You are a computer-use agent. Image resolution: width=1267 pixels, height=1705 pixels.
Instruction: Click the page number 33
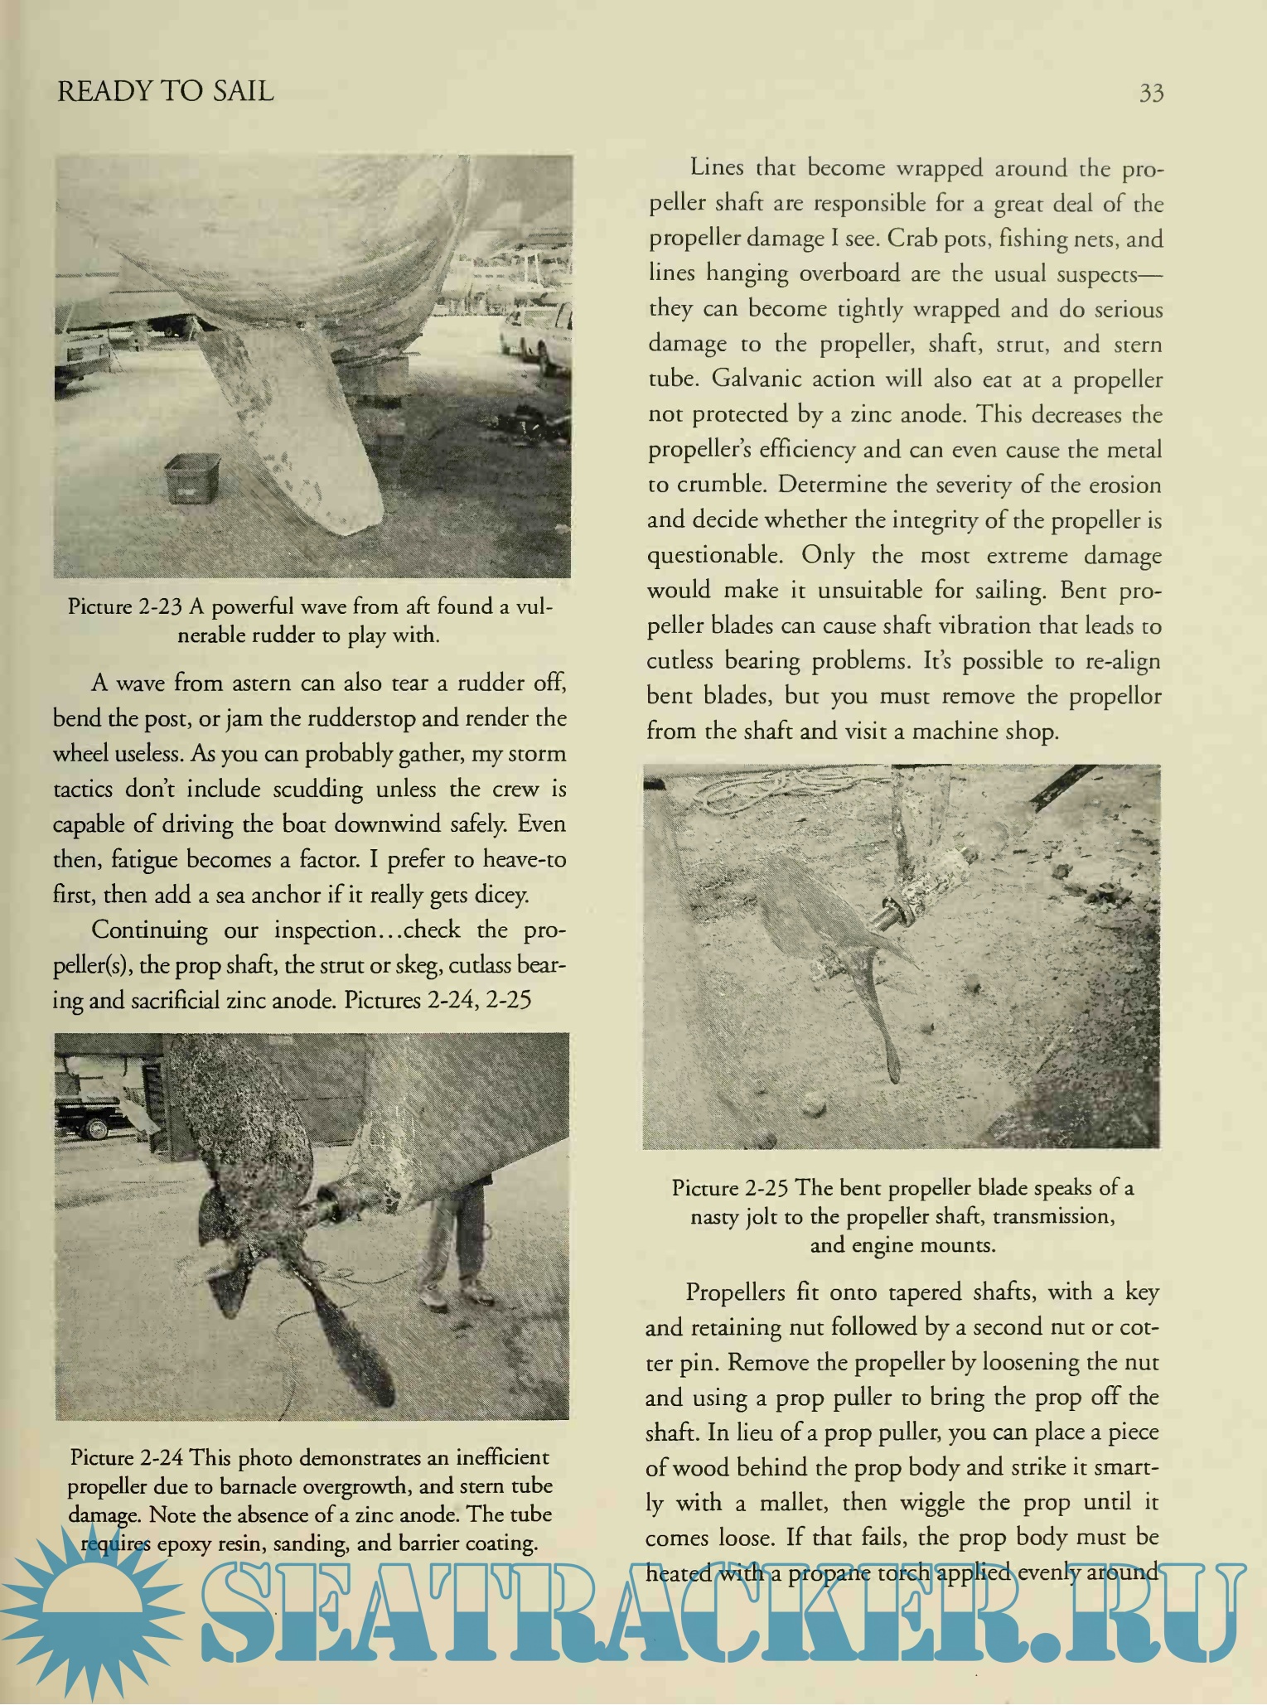(x=1151, y=92)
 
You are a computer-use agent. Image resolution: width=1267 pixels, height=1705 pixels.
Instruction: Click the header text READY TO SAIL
(x=166, y=90)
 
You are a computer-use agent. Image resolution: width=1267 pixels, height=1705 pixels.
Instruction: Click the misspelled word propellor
(x=1115, y=697)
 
